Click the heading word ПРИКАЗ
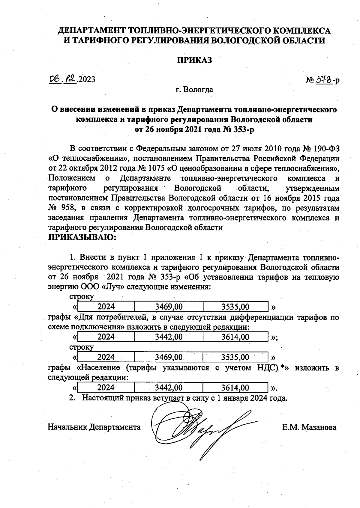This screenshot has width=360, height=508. [x=194, y=60]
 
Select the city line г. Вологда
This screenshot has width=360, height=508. [x=194, y=89]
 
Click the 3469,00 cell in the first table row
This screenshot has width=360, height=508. [x=169, y=307]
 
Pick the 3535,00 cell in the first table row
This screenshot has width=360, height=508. [x=235, y=307]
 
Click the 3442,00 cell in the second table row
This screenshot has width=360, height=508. [x=169, y=337]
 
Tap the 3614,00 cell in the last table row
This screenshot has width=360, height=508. [x=235, y=388]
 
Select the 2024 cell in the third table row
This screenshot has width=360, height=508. [x=106, y=357]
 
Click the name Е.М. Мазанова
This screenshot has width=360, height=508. [x=309, y=427]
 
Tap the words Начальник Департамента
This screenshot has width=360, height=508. [x=94, y=427]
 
